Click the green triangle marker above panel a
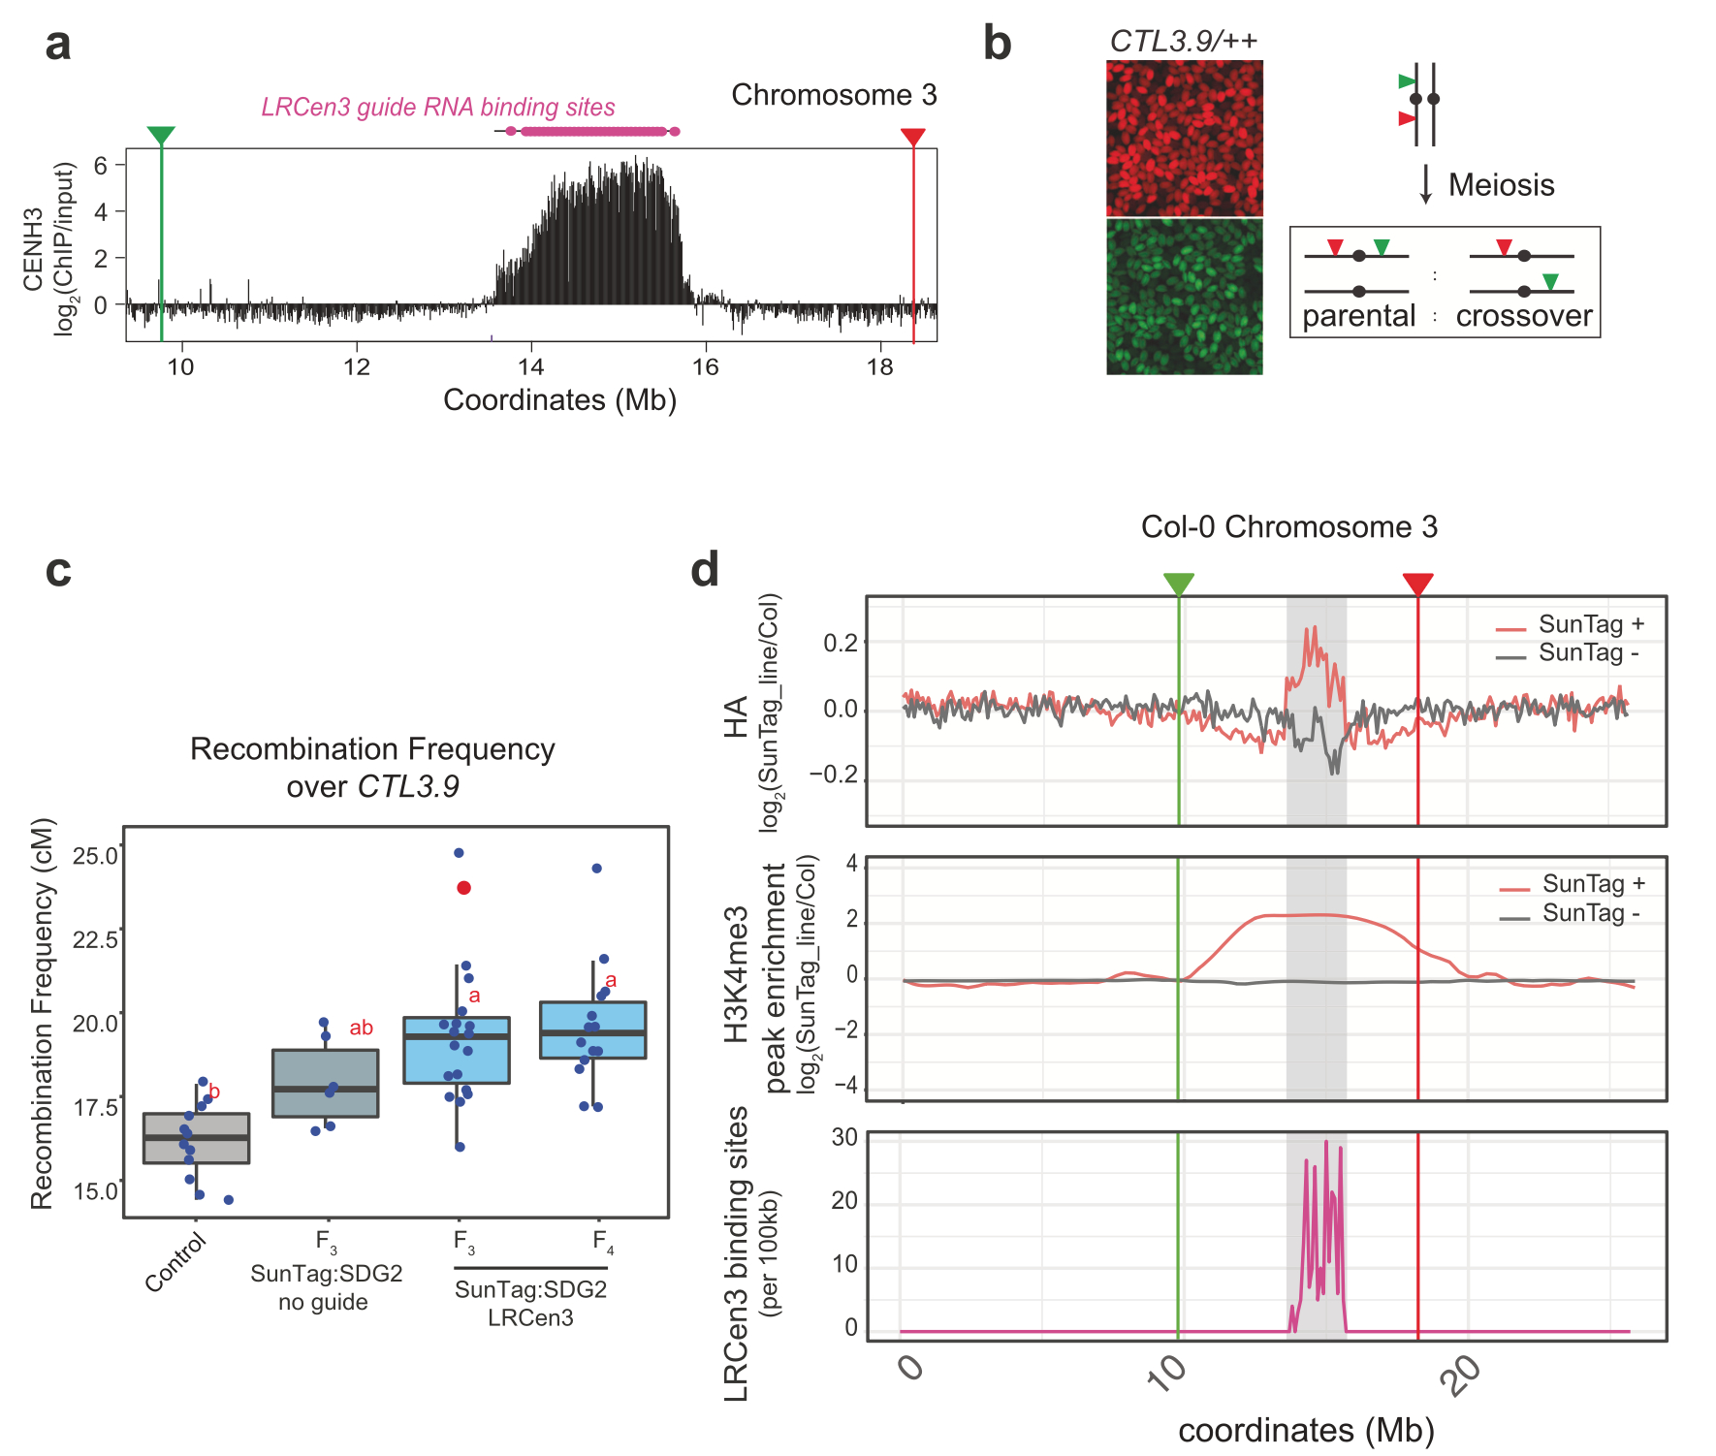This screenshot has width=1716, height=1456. point(161,136)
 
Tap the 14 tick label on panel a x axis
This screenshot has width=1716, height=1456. point(530,367)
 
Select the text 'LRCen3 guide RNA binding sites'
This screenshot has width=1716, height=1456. point(438,107)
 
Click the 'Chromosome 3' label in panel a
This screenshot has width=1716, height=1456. point(834,95)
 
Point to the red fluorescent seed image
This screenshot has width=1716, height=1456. point(1184,138)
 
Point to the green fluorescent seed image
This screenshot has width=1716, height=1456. point(1184,297)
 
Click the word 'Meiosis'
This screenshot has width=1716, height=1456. point(1501,185)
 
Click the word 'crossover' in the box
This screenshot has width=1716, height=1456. point(1523,316)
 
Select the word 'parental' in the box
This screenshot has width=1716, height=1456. point(1358,316)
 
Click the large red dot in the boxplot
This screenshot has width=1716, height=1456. point(463,888)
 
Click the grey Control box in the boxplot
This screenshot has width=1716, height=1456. point(197,1138)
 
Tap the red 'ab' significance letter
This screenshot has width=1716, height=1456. point(361,1028)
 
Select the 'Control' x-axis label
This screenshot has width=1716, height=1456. point(175,1262)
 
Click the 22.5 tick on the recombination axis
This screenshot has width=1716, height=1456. point(95,939)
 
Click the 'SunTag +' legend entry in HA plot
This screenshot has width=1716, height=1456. point(1590,624)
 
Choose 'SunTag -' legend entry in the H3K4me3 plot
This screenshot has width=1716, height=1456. point(1590,913)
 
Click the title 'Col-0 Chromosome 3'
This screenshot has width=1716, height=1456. point(1288,527)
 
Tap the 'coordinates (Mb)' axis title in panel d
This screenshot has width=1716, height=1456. point(1305,1431)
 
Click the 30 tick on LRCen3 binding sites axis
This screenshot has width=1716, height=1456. point(844,1137)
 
